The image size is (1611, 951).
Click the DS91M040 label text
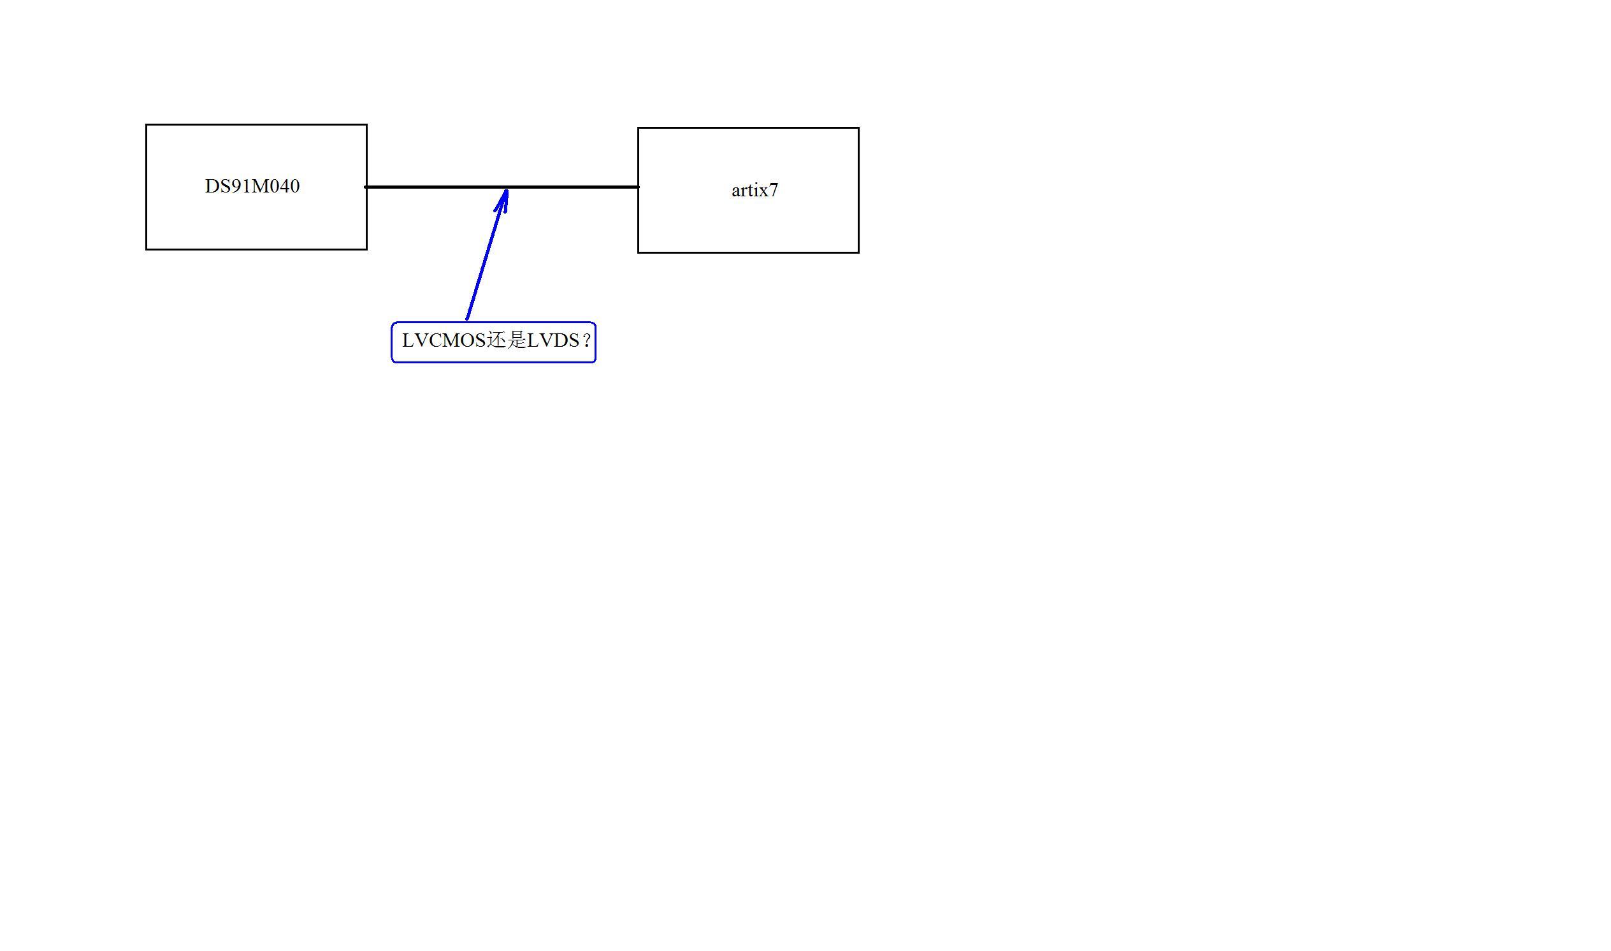(252, 187)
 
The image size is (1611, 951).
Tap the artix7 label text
(755, 191)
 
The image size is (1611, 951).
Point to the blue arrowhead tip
(506, 190)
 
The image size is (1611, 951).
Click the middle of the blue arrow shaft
(487, 254)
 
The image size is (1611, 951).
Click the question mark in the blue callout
(586, 341)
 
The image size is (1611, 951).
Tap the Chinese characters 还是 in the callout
(506, 340)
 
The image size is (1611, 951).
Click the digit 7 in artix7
(773, 191)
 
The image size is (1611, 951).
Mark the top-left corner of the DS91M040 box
(147, 125)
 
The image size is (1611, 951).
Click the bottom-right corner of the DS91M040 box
(366, 249)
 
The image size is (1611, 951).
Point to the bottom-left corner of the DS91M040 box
(147, 249)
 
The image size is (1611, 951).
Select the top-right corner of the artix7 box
(858, 128)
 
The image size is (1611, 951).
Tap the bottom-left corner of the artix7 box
(639, 252)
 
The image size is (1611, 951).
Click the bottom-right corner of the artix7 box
(858, 252)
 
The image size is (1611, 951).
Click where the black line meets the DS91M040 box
(366, 187)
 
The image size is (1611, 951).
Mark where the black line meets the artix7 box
(639, 187)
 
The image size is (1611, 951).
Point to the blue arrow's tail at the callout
(467, 319)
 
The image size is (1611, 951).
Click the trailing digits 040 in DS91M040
(286, 187)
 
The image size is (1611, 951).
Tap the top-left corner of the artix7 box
(639, 128)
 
